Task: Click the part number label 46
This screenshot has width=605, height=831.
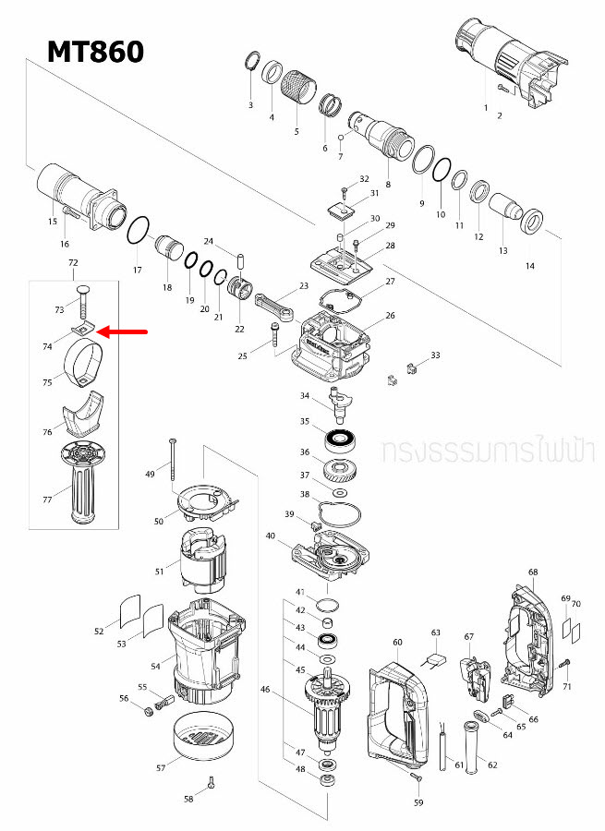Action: [265, 689]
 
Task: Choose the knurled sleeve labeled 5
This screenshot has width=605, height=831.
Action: [301, 89]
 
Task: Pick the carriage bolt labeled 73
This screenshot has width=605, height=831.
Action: [80, 301]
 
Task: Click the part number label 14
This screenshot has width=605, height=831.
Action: [529, 266]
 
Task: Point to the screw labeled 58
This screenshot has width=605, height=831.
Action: [212, 783]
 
